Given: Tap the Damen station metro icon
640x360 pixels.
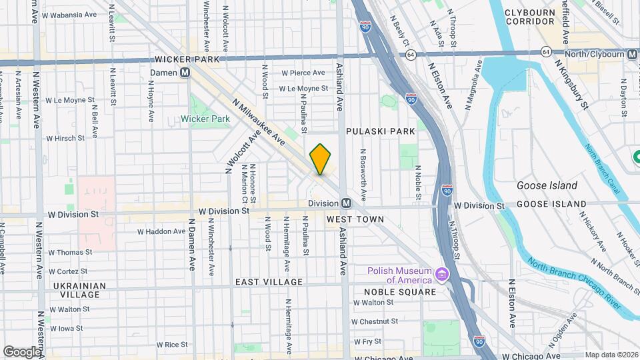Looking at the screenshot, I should [x=186, y=72].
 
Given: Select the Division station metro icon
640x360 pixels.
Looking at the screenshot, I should [x=346, y=203].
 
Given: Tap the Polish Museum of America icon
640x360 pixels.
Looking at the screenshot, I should [x=441, y=275].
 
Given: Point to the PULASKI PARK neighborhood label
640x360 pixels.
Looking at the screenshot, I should [x=380, y=131].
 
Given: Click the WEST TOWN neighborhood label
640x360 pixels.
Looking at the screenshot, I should [x=355, y=219].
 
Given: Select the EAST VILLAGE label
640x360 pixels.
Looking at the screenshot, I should [x=269, y=282].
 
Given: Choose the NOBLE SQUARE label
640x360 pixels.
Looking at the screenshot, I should [x=399, y=292].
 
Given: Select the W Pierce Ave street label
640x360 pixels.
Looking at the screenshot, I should [x=303, y=73].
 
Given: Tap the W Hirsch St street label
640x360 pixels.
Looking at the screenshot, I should [x=65, y=139].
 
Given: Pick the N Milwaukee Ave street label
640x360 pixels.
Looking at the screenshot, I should [x=259, y=124].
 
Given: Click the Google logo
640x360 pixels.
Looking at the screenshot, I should [x=22, y=351].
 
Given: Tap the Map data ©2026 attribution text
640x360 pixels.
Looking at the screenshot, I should [x=611, y=355].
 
